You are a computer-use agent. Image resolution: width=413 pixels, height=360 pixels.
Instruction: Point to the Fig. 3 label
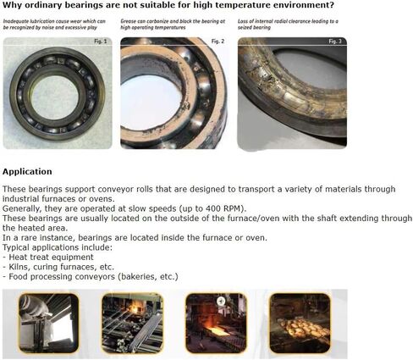coord(333,42)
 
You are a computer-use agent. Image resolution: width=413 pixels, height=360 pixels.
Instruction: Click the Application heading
coord(27,171)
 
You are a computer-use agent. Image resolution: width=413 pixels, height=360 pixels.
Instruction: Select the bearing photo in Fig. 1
coord(58,92)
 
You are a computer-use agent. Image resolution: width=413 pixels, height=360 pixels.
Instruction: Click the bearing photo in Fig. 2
coord(174,92)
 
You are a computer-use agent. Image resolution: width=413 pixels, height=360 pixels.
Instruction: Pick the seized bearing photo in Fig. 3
coord(291,92)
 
